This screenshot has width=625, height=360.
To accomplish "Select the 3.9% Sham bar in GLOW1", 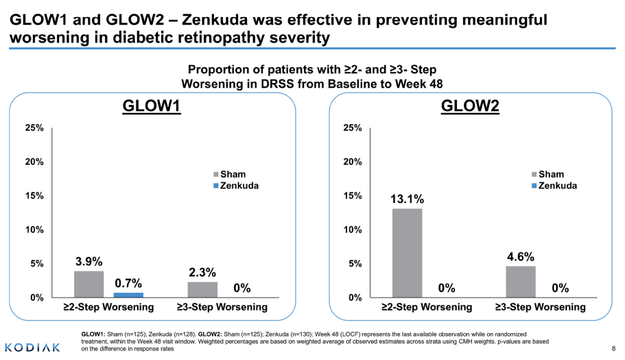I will (89, 284).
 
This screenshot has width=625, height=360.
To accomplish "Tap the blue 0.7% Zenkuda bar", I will (128, 295).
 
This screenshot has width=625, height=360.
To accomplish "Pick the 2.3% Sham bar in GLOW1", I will (202, 289).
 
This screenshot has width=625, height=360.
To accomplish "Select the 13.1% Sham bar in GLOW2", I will (407, 252).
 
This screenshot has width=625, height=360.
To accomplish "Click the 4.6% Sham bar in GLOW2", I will (521, 281).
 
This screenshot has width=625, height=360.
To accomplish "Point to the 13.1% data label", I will (408, 200).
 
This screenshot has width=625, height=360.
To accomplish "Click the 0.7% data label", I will (128, 283).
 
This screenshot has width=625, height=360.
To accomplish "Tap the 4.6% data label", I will (521, 257).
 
